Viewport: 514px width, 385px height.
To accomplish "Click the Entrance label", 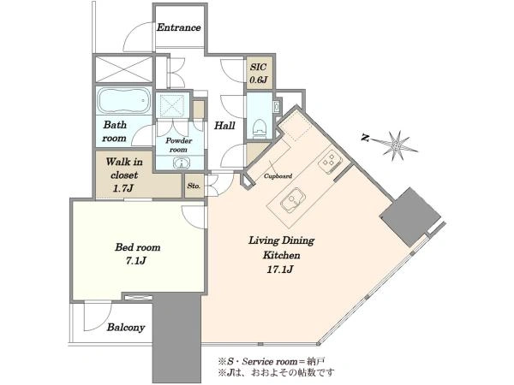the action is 179,27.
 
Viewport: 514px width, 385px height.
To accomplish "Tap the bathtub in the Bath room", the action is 124,100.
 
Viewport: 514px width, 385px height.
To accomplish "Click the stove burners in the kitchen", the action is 330,160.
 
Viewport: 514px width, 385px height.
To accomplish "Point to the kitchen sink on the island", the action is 293,199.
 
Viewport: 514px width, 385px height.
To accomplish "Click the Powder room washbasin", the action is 180,163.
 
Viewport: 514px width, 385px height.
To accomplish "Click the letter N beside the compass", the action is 365,139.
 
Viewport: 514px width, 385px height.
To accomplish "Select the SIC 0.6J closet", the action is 259,74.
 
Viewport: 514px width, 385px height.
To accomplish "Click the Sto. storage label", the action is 194,186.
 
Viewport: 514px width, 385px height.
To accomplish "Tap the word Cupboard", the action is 278,176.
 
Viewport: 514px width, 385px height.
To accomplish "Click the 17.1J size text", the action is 282,269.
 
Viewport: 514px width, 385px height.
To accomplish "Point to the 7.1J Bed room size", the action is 135,261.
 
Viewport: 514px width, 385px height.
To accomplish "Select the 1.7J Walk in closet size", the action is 124,188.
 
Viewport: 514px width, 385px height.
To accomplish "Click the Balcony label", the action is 126,328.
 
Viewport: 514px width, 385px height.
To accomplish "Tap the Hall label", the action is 224,126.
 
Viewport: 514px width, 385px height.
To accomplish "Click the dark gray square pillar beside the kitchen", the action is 410,216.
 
